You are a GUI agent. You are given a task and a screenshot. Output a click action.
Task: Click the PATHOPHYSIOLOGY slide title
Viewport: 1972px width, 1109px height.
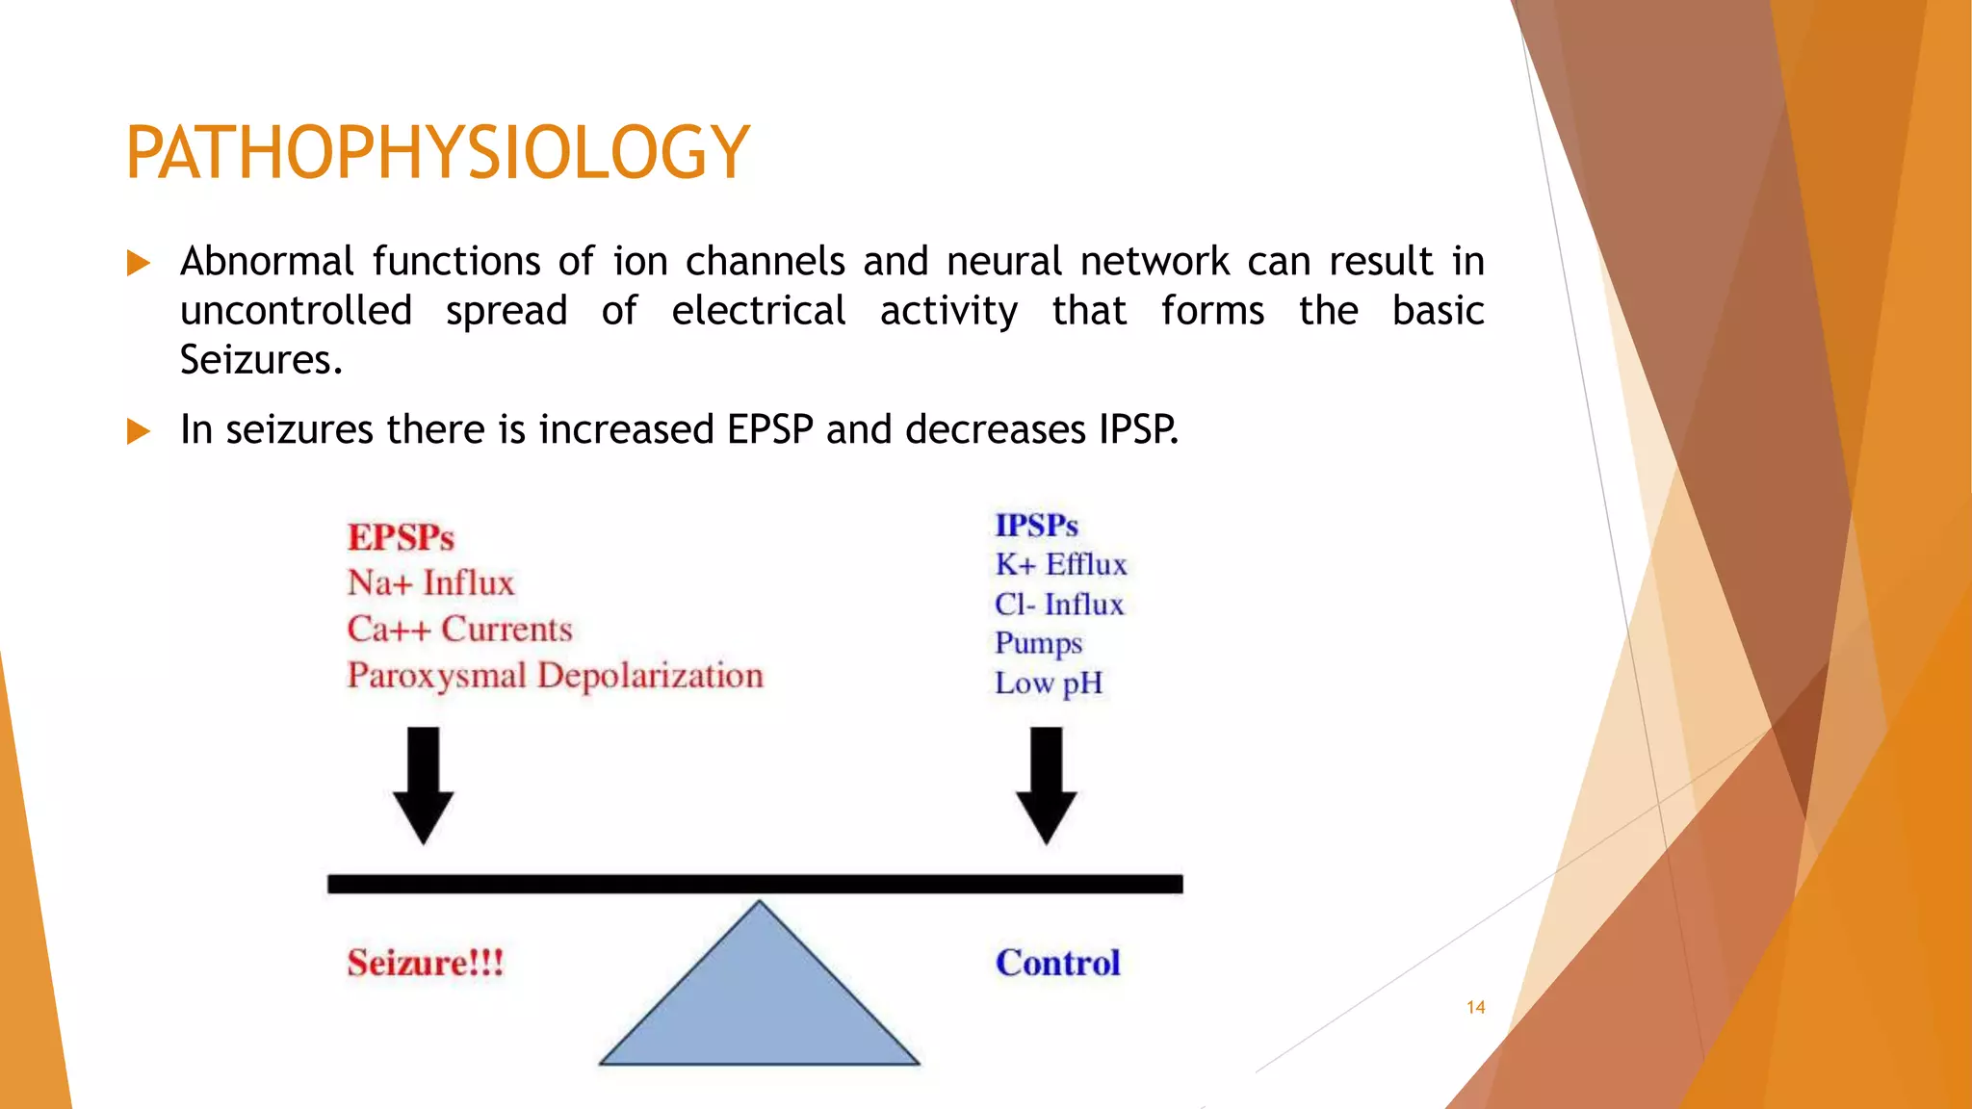(x=437, y=152)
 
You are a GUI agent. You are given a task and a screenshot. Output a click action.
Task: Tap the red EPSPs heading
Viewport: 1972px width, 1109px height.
(x=401, y=537)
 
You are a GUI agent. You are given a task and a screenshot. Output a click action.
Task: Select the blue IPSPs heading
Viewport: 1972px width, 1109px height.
(x=1036, y=526)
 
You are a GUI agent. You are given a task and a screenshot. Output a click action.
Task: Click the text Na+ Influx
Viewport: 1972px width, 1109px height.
(x=430, y=583)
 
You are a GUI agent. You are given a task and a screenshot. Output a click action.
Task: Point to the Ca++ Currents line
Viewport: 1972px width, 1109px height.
(x=459, y=630)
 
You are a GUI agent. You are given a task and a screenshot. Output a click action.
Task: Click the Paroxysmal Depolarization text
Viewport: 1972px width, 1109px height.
(x=555, y=676)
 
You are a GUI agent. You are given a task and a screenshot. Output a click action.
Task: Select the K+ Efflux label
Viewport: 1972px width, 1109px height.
(x=1060, y=565)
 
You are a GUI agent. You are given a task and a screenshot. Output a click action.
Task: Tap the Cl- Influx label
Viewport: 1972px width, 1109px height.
(x=1058, y=605)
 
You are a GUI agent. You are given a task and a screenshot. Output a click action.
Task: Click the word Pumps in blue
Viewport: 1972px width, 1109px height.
(x=1038, y=643)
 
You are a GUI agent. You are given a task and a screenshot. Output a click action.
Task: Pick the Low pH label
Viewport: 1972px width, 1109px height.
(x=1048, y=683)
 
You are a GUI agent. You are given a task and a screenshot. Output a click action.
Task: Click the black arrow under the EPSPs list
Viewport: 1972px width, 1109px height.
(x=423, y=785)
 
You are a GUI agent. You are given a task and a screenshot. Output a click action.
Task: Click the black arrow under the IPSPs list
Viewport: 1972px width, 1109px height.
(x=1047, y=785)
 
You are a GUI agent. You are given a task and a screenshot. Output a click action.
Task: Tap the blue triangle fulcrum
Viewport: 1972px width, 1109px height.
(x=759, y=1001)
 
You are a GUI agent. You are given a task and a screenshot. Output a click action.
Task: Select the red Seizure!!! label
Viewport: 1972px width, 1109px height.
(x=425, y=963)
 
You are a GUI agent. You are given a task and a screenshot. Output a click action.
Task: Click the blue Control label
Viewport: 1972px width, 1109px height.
(x=1057, y=963)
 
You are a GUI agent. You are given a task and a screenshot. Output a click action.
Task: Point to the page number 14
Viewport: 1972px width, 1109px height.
(x=1475, y=1008)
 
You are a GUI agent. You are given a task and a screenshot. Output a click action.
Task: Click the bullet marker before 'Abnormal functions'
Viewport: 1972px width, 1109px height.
(x=139, y=263)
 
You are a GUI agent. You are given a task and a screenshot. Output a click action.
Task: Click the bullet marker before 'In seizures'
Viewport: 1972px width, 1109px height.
(x=139, y=430)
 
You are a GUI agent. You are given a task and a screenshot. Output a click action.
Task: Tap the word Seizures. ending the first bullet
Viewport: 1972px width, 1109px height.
(x=261, y=360)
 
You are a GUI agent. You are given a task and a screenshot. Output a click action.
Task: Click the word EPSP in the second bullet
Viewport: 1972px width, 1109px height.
(x=769, y=429)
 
